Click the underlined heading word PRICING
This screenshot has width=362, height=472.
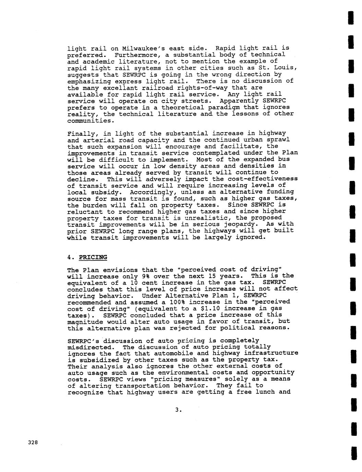coord(93,257)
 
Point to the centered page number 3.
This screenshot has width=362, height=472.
coord(177,410)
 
